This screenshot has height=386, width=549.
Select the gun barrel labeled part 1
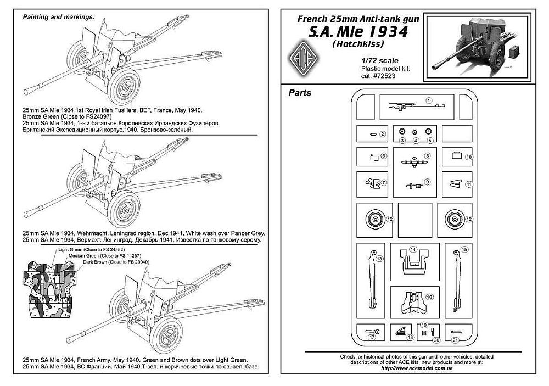click(x=409, y=104)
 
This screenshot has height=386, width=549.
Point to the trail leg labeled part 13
click(x=373, y=277)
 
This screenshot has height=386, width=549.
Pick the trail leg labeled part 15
click(x=456, y=277)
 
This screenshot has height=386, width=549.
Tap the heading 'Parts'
click(x=300, y=93)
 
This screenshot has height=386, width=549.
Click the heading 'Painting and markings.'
click(x=57, y=17)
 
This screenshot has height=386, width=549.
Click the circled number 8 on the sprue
click(x=428, y=155)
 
